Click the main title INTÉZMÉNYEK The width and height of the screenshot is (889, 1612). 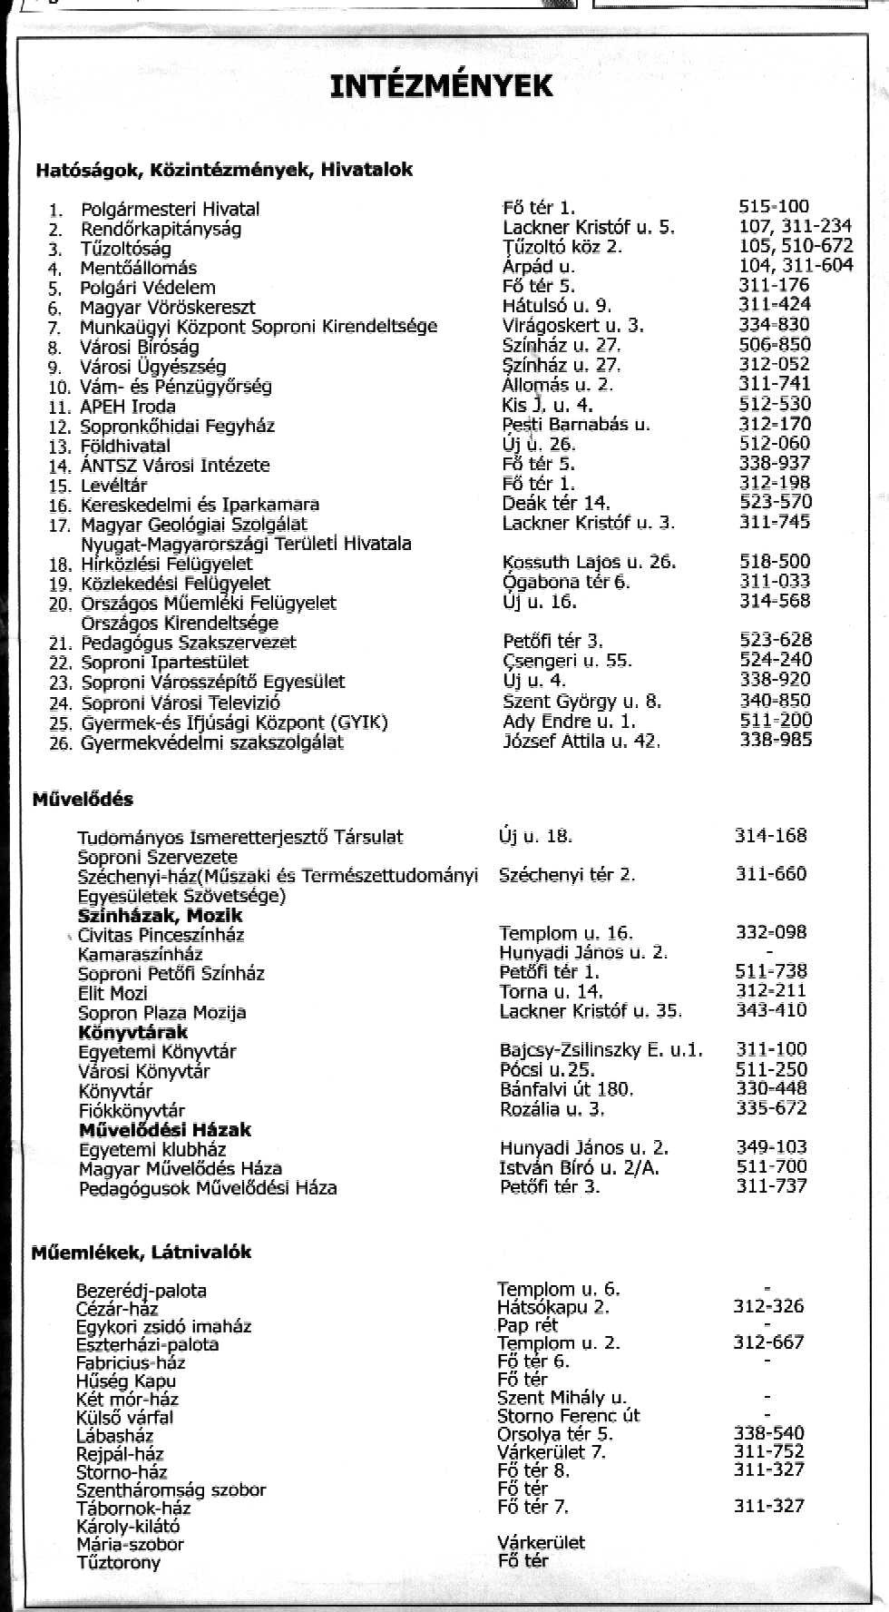441,86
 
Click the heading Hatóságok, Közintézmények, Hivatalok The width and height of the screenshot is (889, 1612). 224,170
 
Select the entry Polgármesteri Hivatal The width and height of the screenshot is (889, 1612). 170,209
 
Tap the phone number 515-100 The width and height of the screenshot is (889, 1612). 774,207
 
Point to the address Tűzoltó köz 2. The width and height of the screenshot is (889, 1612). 562,247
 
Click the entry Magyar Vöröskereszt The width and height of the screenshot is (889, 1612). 167,308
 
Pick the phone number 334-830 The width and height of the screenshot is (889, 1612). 774,325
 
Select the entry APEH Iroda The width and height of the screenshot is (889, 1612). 128,407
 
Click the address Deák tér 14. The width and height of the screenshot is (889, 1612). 556,503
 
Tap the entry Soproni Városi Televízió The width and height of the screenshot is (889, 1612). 181,703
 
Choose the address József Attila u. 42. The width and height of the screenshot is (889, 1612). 581,742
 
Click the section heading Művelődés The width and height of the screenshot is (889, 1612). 83,800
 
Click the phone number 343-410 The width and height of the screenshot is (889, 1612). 770,1010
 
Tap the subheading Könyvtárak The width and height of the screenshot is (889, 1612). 133,1032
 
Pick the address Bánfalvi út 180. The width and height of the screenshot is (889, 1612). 566,1089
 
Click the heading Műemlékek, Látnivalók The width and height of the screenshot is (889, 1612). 141,1253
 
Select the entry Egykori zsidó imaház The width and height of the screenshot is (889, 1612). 163,1326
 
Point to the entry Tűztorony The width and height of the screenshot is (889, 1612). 118,1562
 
